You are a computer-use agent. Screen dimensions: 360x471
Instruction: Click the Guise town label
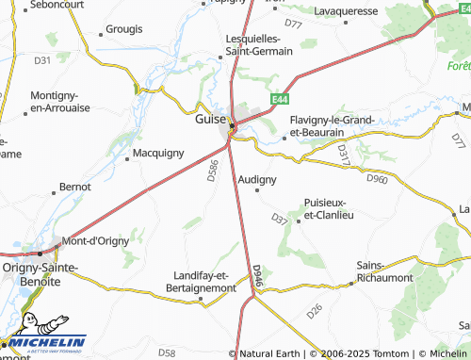(209, 121)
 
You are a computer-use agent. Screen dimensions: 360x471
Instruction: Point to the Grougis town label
(123, 29)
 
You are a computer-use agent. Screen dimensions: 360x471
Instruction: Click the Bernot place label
(75, 188)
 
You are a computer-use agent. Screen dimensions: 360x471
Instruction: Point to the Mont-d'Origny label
(94, 240)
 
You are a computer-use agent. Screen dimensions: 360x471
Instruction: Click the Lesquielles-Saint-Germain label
(261, 43)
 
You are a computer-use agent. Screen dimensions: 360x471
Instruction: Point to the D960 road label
(377, 177)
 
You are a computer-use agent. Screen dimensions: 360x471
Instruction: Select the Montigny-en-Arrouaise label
(60, 103)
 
